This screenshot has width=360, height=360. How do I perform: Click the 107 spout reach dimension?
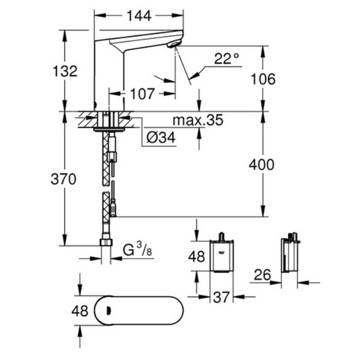[x=142, y=94]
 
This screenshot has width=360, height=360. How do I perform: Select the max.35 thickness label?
[x=197, y=120]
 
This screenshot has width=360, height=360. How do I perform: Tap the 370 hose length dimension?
[x=64, y=179]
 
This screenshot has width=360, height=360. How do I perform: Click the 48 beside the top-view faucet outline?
[x=80, y=311]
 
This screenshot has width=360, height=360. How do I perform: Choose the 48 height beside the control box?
[x=197, y=257]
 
